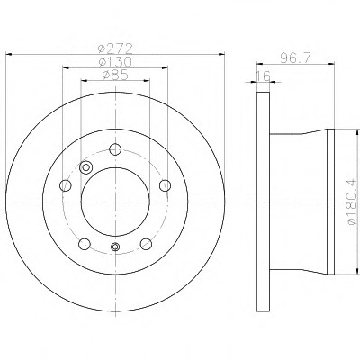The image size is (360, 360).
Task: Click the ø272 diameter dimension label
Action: pos(115,48)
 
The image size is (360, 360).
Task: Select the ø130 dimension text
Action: pos(115,62)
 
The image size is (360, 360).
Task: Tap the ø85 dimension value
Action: pos(115,75)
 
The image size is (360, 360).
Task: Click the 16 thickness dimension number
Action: pos(264,76)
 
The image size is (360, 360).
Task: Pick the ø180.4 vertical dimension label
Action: pos(352,201)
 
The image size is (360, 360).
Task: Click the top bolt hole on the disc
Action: pos(115,149)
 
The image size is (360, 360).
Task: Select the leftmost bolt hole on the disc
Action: pos(66,185)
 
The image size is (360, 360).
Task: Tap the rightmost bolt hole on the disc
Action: pos(165,185)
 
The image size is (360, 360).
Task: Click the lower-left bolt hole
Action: pos(85,244)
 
